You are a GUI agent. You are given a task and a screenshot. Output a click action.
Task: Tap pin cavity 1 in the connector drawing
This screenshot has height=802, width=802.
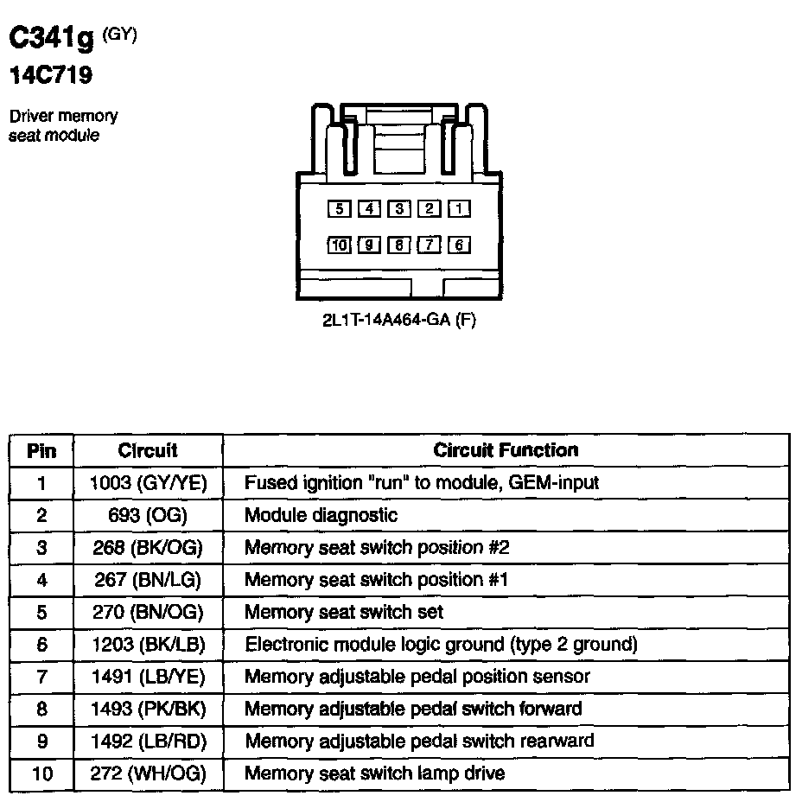coord(460,208)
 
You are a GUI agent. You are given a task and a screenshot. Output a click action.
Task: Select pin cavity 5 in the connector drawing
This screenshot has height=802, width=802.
coord(340,208)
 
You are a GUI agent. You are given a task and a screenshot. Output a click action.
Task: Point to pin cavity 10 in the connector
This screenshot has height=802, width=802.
coord(339,245)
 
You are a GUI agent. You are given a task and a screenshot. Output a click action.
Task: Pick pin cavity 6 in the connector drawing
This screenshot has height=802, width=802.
coord(460,245)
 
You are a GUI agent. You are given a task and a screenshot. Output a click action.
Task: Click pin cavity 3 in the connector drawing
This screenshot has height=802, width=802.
coord(399,208)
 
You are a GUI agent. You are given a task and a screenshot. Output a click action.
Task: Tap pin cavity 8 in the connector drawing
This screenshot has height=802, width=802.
coord(399,245)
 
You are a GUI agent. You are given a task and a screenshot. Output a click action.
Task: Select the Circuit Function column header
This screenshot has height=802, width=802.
coord(506,450)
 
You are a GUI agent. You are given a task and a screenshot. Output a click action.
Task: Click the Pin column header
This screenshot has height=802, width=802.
coord(41,450)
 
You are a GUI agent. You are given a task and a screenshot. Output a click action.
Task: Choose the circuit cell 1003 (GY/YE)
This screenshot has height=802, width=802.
coord(149,483)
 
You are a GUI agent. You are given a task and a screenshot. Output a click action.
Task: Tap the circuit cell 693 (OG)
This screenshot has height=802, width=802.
coord(149,515)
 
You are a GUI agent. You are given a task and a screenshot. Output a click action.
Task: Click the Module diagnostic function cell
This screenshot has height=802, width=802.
coord(321,515)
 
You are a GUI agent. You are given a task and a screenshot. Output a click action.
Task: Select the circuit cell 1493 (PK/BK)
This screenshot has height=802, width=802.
coord(149,709)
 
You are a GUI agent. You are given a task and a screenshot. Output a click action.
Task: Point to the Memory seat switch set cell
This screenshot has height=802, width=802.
coord(344,612)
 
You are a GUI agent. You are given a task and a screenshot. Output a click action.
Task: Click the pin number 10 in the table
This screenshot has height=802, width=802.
coord(41,773)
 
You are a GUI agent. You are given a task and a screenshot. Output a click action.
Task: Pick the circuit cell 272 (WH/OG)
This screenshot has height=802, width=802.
coord(149,773)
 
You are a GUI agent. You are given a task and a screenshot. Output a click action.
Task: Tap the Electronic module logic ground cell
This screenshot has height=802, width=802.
coord(441,644)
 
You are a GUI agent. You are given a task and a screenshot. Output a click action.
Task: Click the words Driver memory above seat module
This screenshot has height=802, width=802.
coord(63,116)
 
